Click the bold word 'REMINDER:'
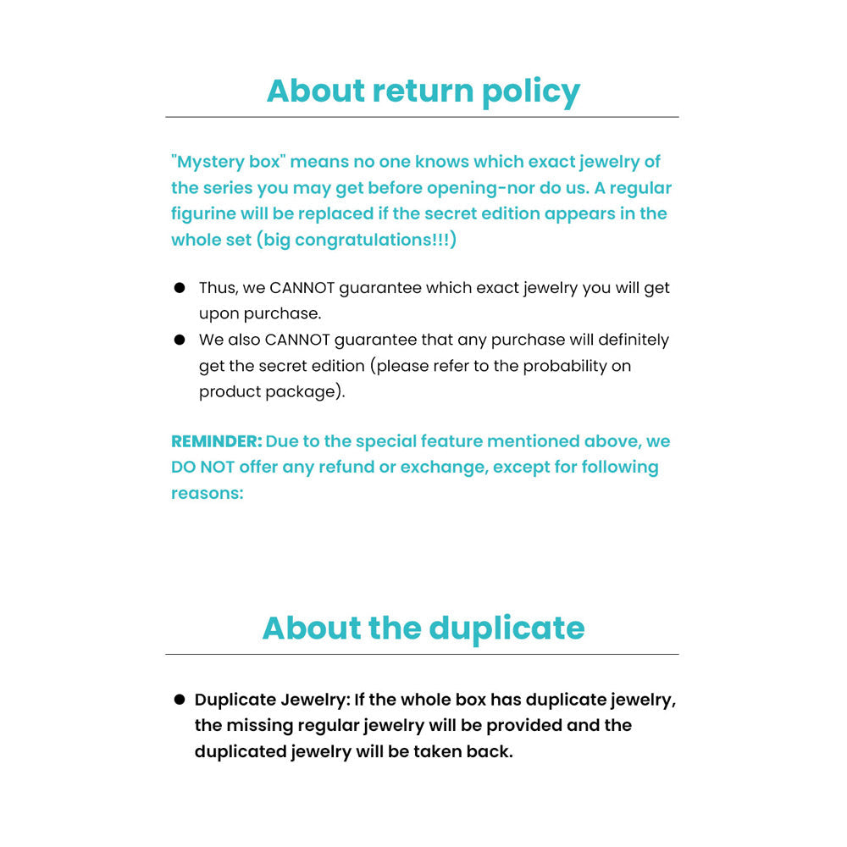217,441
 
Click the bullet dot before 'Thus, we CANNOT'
180,288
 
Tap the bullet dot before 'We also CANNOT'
180,340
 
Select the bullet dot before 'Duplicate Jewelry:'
180,700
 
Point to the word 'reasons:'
208,493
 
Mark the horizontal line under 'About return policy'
422,117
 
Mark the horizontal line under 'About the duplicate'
422,654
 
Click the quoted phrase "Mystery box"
228,162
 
